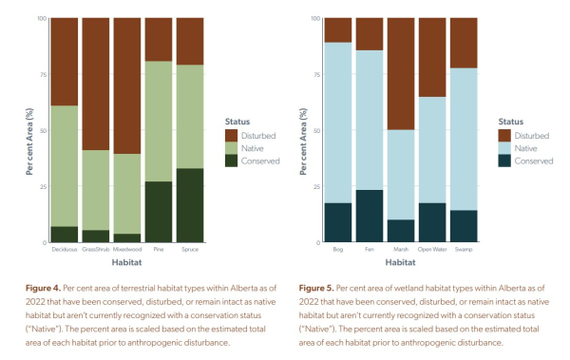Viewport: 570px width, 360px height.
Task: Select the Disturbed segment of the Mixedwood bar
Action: click(128, 85)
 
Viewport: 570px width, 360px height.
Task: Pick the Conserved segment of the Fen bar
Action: click(370, 216)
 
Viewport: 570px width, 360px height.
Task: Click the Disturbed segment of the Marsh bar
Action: click(401, 73)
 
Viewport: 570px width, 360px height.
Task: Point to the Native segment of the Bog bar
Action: click(338, 123)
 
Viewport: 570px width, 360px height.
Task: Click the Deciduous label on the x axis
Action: click(66, 249)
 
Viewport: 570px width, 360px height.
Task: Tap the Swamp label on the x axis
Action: click(464, 249)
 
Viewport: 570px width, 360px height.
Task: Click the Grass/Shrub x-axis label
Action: click(97, 249)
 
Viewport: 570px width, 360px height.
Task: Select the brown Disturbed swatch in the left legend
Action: click(231, 136)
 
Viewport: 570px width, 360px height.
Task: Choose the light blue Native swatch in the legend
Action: click(504, 148)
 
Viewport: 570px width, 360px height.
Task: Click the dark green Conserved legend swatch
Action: click(231, 161)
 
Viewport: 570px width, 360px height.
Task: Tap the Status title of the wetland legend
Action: click(511, 122)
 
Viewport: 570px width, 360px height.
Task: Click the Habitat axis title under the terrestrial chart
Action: click(127, 261)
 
